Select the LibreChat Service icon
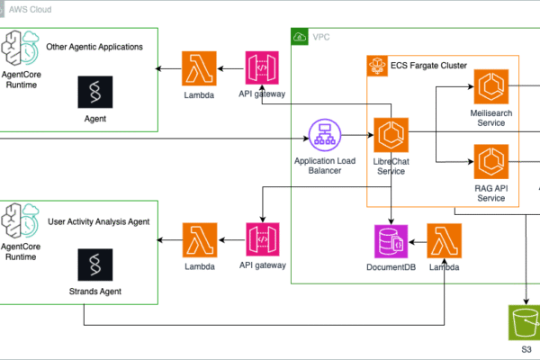391,136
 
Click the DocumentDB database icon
391,242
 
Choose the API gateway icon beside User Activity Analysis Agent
262,240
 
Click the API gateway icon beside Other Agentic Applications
262,69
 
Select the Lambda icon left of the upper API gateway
200,69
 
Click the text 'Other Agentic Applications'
94,46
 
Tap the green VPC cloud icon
299,38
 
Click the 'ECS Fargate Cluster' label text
429,66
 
